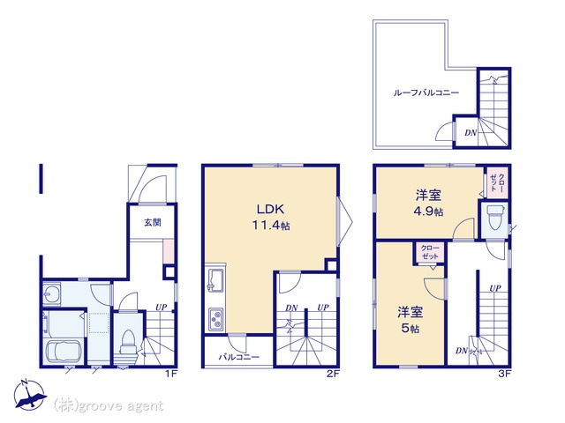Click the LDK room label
[x=271, y=209]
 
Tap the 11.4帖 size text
[x=271, y=226]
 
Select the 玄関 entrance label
[x=153, y=223]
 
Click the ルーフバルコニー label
[x=426, y=93]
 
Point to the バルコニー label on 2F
[x=239, y=357]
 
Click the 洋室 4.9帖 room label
[x=428, y=204]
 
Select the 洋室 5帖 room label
[x=410, y=320]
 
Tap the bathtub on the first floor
[x=64, y=352]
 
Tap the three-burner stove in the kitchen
[x=215, y=319]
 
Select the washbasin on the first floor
[x=51, y=293]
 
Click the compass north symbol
[x=29, y=395]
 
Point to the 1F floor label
[x=170, y=374]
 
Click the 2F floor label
[x=333, y=374]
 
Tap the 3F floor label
[x=504, y=374]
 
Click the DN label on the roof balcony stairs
[x=471, y=133]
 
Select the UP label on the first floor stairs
[x=161, y=308]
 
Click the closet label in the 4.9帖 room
[x=498, y=182]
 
